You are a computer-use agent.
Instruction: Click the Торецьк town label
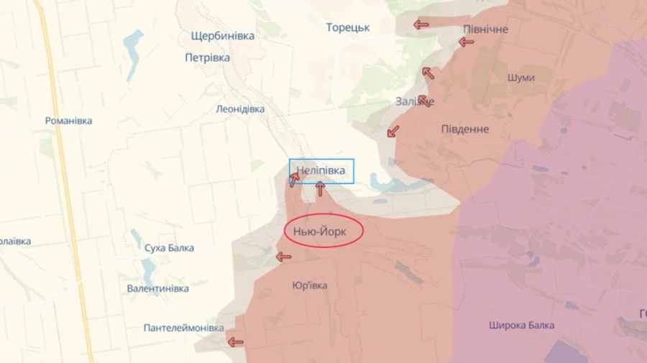348,27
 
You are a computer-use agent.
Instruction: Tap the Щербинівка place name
223,36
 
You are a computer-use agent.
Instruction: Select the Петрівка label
207,58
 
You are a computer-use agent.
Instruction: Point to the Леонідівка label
240,109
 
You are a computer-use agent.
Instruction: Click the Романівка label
68,121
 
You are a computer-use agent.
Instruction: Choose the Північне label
485,29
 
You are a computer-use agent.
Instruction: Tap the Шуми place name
520,78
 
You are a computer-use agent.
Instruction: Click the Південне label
464,129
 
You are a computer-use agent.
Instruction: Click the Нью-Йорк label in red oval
324,231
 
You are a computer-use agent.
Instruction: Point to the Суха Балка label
168,248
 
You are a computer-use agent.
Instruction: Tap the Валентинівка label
157,288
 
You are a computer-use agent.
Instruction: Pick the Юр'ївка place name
310,285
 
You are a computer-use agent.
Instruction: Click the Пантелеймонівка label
183,328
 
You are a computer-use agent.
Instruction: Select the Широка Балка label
521,325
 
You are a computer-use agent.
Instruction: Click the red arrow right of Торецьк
421,25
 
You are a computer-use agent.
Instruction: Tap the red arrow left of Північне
467,42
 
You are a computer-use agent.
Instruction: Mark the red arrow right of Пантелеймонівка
235,342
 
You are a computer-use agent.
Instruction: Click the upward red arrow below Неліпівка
320,189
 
